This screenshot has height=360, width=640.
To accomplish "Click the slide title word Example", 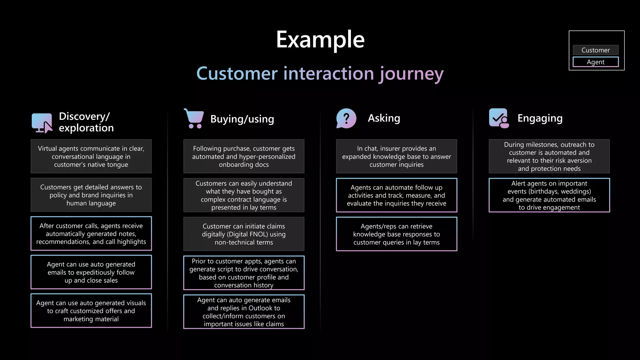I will click(x=320, y=40).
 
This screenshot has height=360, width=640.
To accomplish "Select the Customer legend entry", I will click(x=595, y=50).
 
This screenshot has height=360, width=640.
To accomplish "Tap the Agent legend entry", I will click(x=595, y=62).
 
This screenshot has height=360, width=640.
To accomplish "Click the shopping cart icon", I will click(x=194, y=118).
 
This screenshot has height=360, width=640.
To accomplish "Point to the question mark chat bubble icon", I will click(x=346, y=118).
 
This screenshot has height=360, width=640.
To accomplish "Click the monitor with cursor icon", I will click(x=42, y=123).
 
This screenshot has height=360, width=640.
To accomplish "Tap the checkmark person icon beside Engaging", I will click(x=499, y=118).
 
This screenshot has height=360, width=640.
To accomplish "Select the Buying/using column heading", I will click(x=242, y=119).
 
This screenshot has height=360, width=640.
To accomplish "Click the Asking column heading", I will click(x=384, y=118).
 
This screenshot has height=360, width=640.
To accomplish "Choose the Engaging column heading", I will click(x=540, y=118).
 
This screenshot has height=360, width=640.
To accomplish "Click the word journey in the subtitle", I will click(x=411, y=74).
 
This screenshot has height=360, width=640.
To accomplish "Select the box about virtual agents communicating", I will click(x=91, y=156).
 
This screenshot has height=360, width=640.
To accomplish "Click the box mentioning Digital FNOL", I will click(x=244, y=234).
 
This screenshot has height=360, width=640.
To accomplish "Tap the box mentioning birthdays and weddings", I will click(x=549, y=195).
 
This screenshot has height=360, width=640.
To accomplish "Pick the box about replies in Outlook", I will click(x=244, y=312).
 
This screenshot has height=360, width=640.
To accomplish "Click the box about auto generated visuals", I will click(x=91, y=311).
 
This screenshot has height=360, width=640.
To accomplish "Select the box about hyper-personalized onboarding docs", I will click(x=244, y=156).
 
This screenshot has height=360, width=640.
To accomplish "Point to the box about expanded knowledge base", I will click(x=396, y=156).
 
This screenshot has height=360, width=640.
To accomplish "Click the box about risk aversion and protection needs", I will click(x=549, y=156).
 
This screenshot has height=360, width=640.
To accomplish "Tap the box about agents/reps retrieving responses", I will click(x=396, y=234).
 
